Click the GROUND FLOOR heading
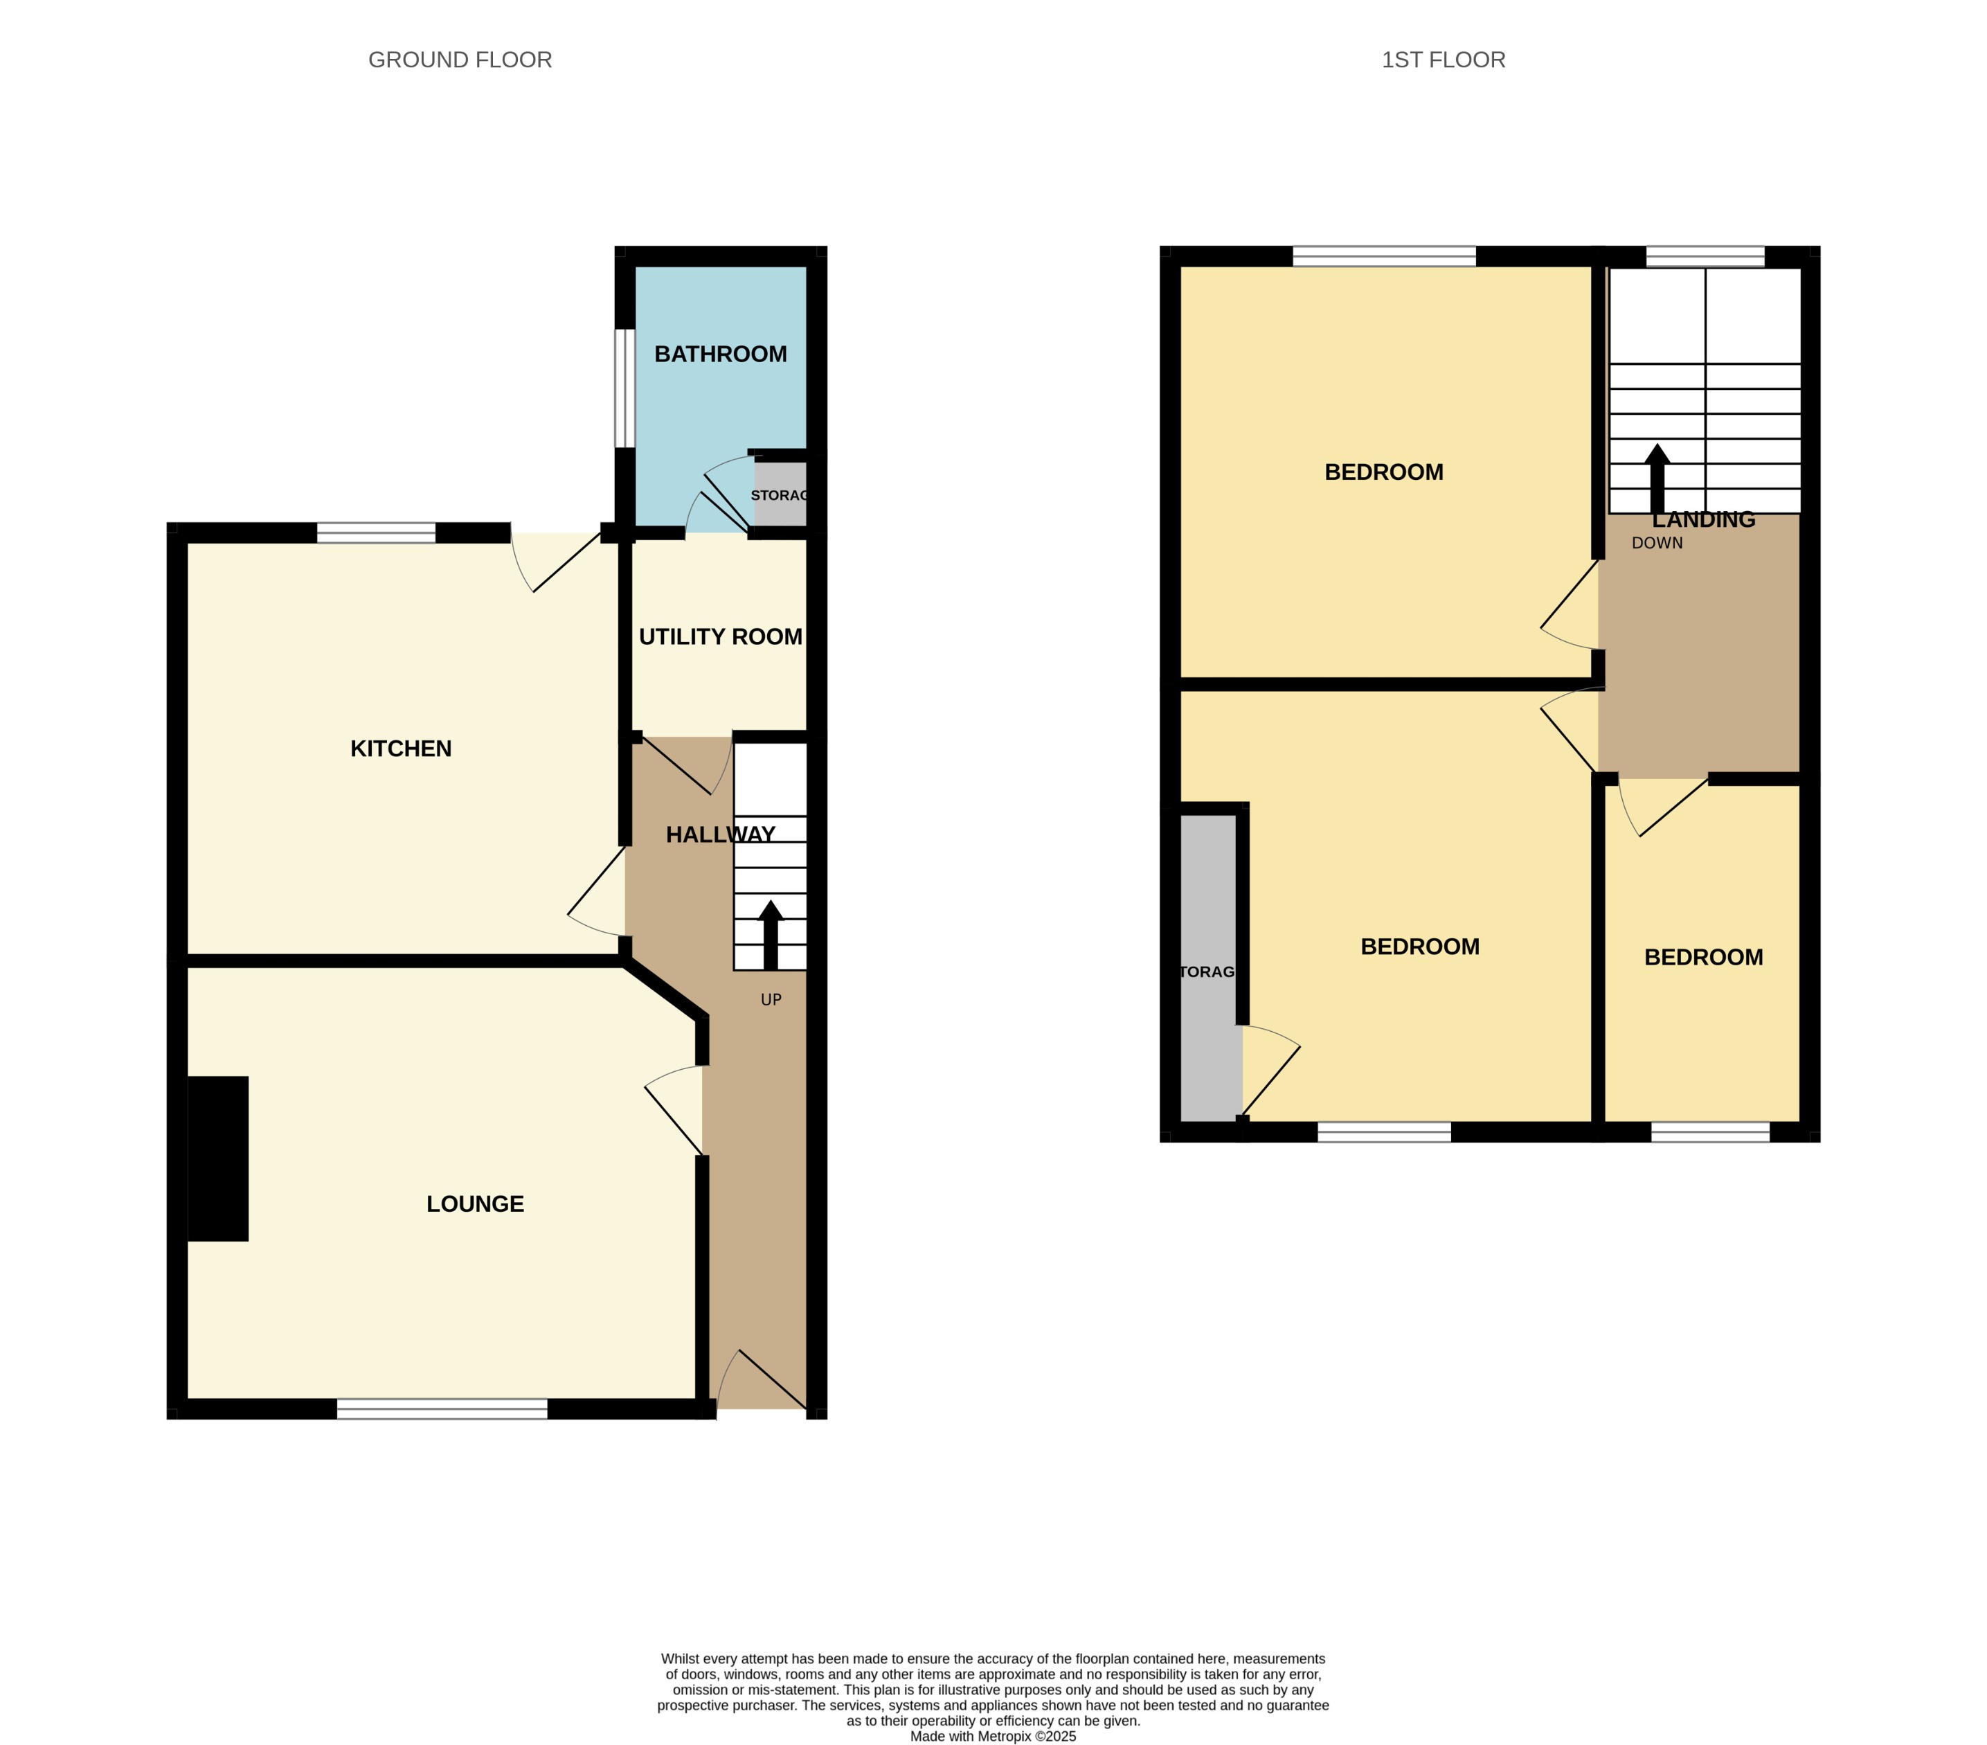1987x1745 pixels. tap(460, 60)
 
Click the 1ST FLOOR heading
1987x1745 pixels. tap(1443, 60)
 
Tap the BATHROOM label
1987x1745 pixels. tap(720, 354)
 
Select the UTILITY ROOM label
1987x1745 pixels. tap(720, 637)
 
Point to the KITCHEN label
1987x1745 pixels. tap(400, 749)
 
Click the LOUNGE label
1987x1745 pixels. tap(476, 1203)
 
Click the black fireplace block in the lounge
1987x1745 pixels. tap(218, 1158)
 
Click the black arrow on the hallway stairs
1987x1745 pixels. tap(771, 936)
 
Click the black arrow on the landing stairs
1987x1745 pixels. tap(1657, 478)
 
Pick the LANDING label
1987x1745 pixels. tap(1703, 520)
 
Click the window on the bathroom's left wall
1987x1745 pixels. tap(624, 389)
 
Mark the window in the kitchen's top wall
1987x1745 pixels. tap(376, 533)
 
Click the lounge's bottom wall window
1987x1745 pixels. tap(442, 1408)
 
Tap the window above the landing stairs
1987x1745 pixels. tap(1705, 257)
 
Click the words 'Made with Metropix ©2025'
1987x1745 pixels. tap(993, 1736)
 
